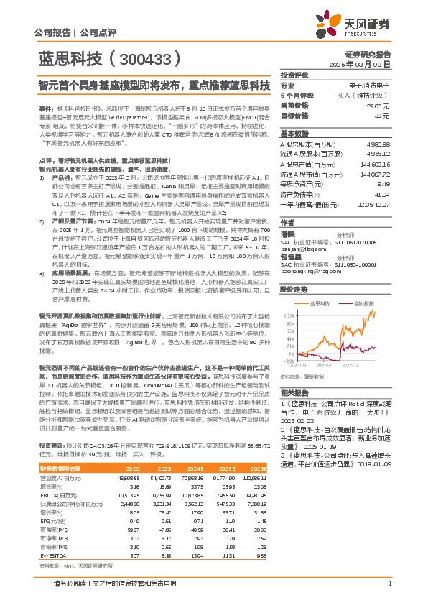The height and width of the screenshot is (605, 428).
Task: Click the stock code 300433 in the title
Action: (143, 55)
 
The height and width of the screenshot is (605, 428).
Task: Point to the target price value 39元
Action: (383, 115)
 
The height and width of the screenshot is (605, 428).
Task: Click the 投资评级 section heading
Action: (294, 75)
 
